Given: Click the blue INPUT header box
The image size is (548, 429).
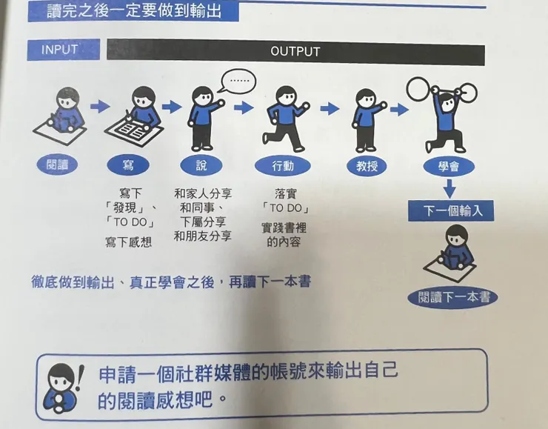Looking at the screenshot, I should pyautogui.click(x=59, y=50).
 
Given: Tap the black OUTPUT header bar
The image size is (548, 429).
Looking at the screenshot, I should pyautogui.click(x=295, y=52).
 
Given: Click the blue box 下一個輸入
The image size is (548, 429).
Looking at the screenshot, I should pyautogui.click(x=452, y=210).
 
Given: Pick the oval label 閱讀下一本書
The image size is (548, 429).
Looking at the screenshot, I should pyautogui.click(x=452, y=298).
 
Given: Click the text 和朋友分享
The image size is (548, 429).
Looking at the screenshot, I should pyautogui.click(x=203, y=236).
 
